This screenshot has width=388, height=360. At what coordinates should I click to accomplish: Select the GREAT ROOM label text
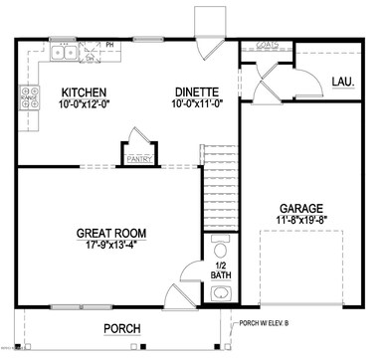111,235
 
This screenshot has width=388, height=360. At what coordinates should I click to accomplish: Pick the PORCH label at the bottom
121,329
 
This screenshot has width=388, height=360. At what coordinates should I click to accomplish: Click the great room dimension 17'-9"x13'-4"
111,248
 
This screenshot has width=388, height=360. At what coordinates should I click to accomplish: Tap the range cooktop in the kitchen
29,98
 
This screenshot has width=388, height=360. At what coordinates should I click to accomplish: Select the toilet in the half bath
220,245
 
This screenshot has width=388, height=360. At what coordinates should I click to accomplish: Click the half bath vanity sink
221,292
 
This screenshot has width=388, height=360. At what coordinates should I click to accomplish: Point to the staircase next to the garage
221,189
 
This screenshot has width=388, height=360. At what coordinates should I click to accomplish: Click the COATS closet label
267,45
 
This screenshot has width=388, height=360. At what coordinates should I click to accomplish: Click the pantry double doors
135,141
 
